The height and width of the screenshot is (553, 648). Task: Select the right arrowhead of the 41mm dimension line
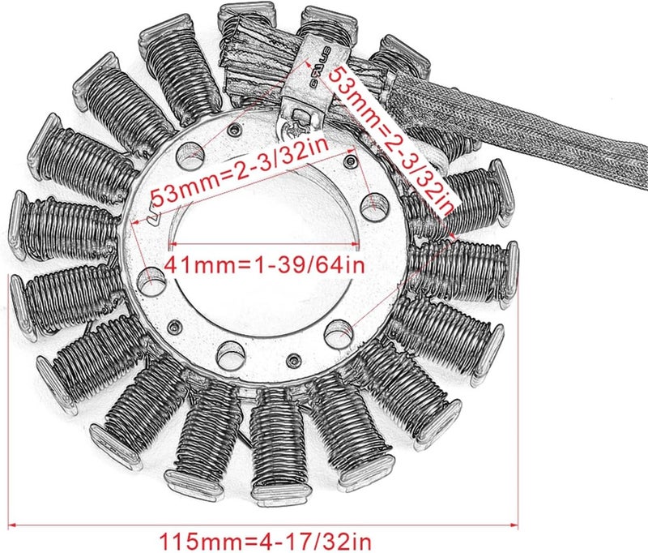click(x=357, y=243)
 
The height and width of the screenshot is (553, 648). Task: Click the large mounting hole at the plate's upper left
click(x=190, y=151)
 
